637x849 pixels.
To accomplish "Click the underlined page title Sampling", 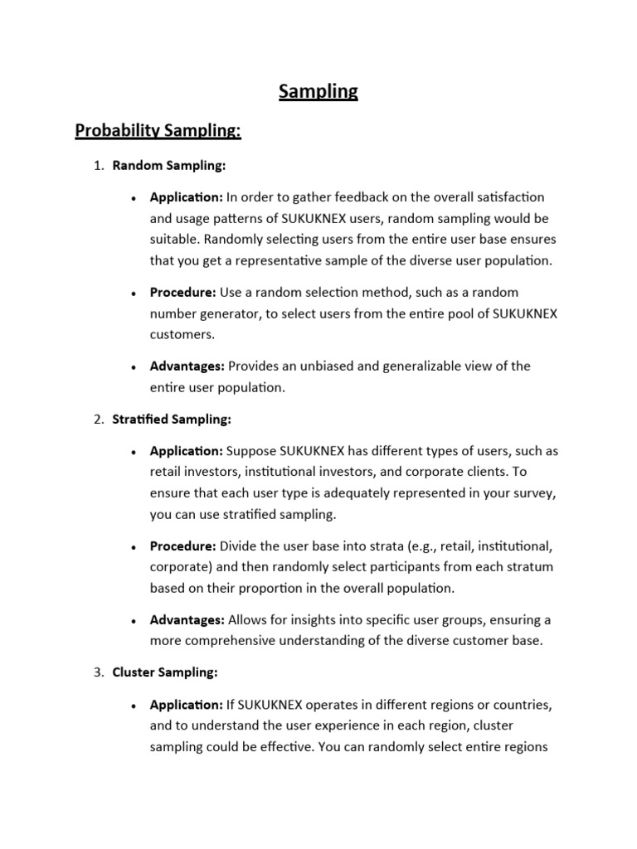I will [318, 91].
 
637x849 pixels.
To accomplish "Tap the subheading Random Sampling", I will [169, 166].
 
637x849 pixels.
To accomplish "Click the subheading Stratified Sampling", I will [172, 420].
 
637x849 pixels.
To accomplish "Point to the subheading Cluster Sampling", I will [165, 672].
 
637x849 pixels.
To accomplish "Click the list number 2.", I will [98, 420].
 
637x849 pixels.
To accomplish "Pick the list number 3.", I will [98, 672].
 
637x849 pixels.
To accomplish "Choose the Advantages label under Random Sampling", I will [187, 366].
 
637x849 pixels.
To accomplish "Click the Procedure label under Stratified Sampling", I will [183, 546].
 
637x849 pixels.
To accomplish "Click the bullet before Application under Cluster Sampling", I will [134, 706].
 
